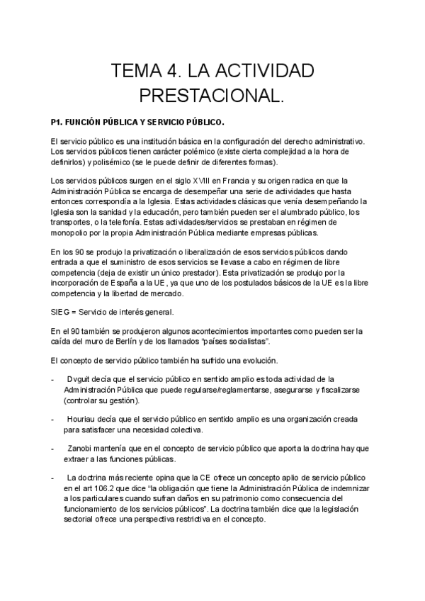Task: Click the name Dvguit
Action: tap(80, 378)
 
